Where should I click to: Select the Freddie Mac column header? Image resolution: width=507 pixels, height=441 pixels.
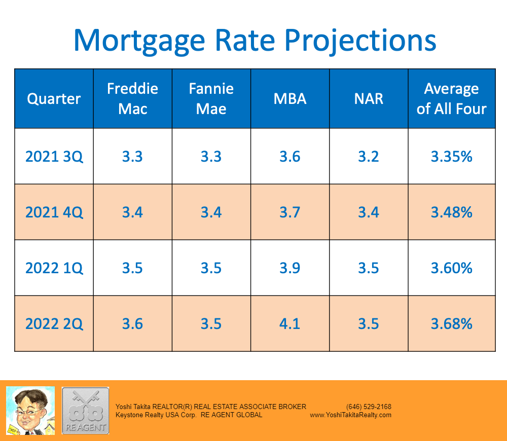[x=132, y=98]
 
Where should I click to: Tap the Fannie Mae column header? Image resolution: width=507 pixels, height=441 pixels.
[x=211, y=98]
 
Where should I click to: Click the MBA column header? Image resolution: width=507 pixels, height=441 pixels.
[x=290, y=98]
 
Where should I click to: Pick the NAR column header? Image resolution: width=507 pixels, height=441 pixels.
[x=369, y=98]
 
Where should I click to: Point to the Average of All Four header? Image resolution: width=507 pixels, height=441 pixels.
[x=451, y=98]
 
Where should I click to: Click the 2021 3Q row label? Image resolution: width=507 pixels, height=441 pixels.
[x=54, y=156]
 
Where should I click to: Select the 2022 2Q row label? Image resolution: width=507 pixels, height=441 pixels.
[x=54, y=323]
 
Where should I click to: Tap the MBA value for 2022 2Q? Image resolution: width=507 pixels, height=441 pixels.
[x=290, y=323]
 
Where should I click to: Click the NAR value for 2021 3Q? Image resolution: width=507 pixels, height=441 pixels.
[x=369, y=156]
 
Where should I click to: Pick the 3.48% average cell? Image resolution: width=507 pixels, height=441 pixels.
[x=451, y=212]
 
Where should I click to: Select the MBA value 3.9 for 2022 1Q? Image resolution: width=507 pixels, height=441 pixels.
[x=290, y=268]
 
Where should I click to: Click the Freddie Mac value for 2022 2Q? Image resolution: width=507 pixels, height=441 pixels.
[x=132, y=323]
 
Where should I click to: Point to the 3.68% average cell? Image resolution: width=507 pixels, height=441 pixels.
[x=451, y=323]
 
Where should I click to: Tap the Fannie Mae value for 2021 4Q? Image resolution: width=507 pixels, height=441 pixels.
[x=211, y=212]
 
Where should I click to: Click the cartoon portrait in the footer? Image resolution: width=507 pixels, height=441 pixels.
[x=30, y=410]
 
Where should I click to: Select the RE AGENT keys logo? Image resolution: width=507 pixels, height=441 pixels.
[x=85, y=410]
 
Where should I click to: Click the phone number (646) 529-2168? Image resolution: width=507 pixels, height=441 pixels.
[x=369, y=407]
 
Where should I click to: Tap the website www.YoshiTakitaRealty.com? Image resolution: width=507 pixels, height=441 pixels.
[x=350, y=415]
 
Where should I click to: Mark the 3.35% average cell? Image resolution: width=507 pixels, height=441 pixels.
[x=451, y=156]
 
